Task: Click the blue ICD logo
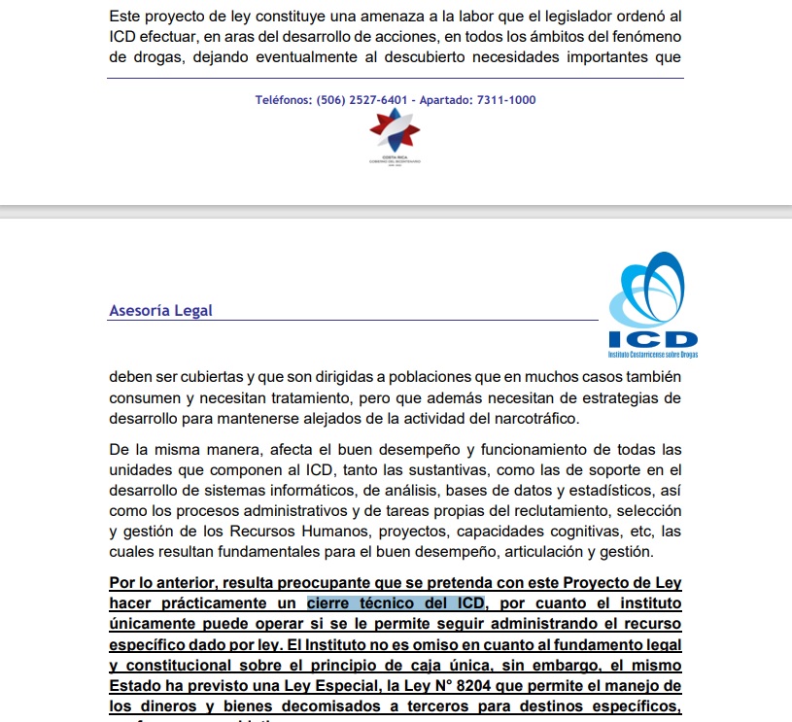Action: [652, 301]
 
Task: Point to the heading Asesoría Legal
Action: [160, 311]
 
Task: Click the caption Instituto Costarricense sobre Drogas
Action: [652, 356]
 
